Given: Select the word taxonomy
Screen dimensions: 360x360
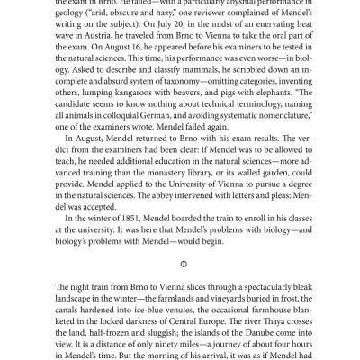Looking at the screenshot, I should [167, 103].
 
